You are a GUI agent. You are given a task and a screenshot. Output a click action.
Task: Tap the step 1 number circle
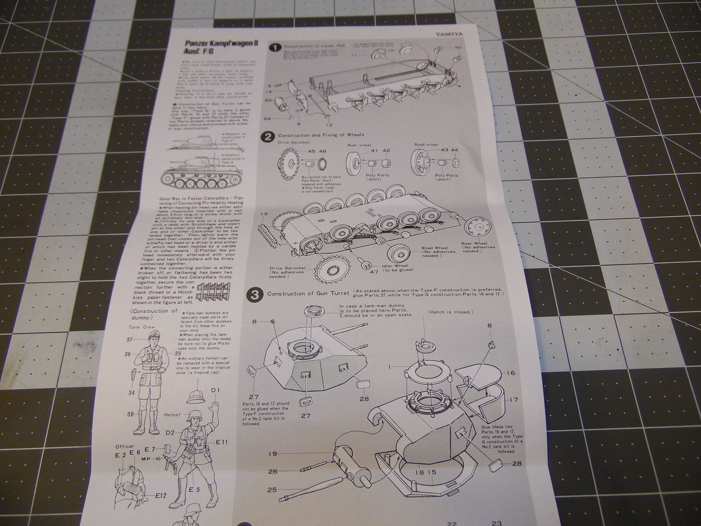276,47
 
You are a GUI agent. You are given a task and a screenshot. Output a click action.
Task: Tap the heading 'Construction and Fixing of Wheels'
321,135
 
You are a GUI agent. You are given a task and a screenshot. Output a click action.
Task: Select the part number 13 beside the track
264,214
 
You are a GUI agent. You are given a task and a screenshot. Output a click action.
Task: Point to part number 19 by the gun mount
273,454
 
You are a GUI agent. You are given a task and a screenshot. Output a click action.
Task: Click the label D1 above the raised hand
216,390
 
